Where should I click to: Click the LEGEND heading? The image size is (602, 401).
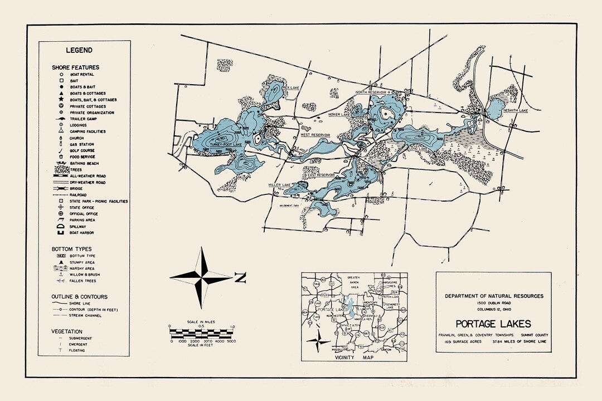coord(79,50)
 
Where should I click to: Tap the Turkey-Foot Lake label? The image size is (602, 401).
coord(226,144)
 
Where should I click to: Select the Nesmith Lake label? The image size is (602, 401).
coord(515,110)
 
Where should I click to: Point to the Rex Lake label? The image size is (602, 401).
coord(292,87)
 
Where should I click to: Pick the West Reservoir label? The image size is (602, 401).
coord(315,135)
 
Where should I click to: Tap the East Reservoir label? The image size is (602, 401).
coord(321,174)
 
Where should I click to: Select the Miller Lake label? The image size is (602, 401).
coord(279,185)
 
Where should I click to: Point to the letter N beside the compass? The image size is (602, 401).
coord(240,277)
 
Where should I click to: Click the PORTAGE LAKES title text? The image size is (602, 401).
coord(493,324)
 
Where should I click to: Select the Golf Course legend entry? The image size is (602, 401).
coord(82,150)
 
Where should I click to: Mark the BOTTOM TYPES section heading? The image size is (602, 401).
coord(71,248)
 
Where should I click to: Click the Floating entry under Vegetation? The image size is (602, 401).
coord(77,350)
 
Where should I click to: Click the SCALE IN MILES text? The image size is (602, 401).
coord(202,323)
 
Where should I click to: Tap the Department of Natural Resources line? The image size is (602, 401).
coord(493,296)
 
